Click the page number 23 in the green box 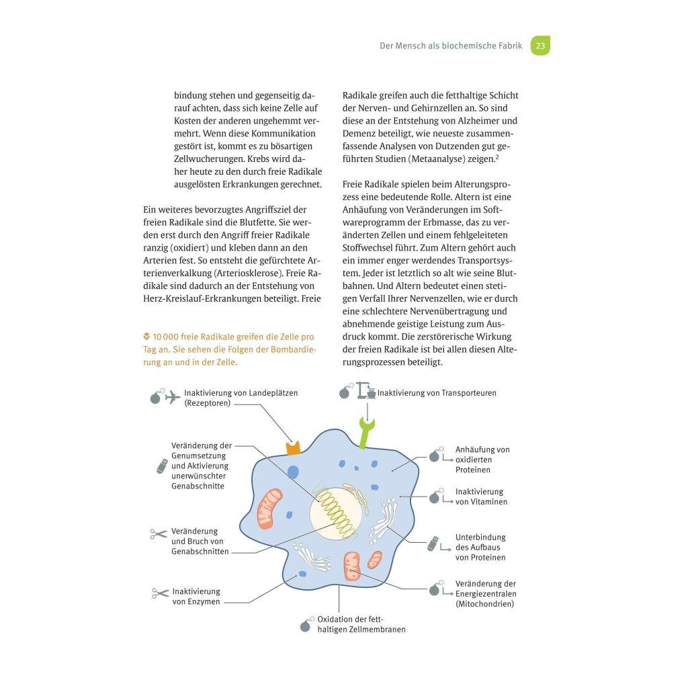pyautogui.click(x=540, y=46)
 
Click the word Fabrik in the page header pyautogui.click(x=507, y=46)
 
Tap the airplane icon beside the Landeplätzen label pyautogui.click(x=172, y=396)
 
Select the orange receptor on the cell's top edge pyautogui.click(x=292, y=448)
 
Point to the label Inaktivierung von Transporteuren pyautogui.click(x=437, y=393)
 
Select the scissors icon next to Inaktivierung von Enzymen pyautogui.click(x=161, y=593)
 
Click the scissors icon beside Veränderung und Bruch pyautogui.click(x=159, y=534)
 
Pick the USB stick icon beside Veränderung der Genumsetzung pyautogui.click(x=162, y=466)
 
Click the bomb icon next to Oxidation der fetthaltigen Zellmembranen pyautogui.click(x=306, y=624)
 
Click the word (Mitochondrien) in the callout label pyautogui.click(x=484, y=604)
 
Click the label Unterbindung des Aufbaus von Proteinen pyautogui.click(x=480, y=547)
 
